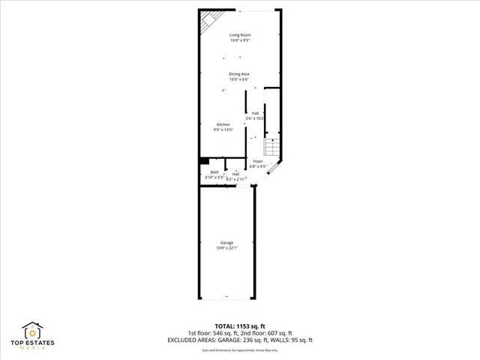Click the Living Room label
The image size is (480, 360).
(240, 35)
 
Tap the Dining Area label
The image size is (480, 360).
(239, 73)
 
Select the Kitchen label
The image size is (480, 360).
(223, 124)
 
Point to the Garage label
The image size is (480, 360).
(226, 242)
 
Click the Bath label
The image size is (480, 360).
(214, 172)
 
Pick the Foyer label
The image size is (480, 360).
(257, 161)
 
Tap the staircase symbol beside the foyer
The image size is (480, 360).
(274, 147)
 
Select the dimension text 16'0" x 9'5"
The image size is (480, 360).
(240, 40)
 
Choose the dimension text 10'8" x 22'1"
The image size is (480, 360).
(226, 247)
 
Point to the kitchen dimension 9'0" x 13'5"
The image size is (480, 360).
(223, 130)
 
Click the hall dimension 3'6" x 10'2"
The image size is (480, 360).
(256, 118)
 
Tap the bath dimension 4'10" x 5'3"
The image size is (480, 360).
(214, 178)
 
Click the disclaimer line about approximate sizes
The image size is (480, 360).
(240, 349)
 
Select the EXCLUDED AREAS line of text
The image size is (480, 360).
(240, 340)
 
